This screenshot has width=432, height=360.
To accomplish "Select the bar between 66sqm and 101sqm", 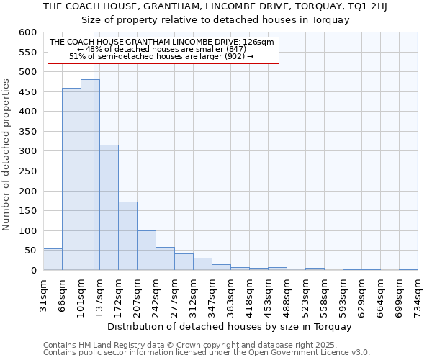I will [71, 179].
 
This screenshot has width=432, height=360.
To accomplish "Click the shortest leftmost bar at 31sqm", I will [53, 259].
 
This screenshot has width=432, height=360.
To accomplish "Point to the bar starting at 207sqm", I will [146, 251].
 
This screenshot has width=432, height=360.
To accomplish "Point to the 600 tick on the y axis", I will [27, 33].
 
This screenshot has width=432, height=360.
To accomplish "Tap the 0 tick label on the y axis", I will [33, 271].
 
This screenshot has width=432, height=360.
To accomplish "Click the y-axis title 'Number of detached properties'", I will [7, 156].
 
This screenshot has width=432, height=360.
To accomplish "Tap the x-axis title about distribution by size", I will [230, 326].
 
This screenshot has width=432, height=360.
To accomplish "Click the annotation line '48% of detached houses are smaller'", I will [161, 49].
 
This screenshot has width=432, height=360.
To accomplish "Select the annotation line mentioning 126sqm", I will [161, 42].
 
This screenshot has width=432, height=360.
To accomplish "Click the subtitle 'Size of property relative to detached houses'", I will [215, 20].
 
